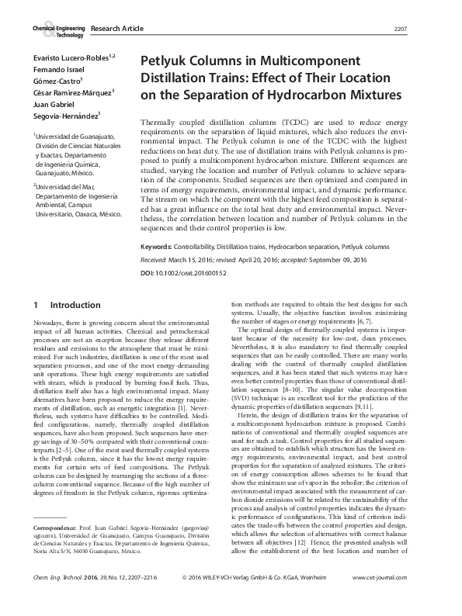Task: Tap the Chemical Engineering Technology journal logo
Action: click(x=57, y=30)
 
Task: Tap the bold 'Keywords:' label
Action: click(x=161, y=247)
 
